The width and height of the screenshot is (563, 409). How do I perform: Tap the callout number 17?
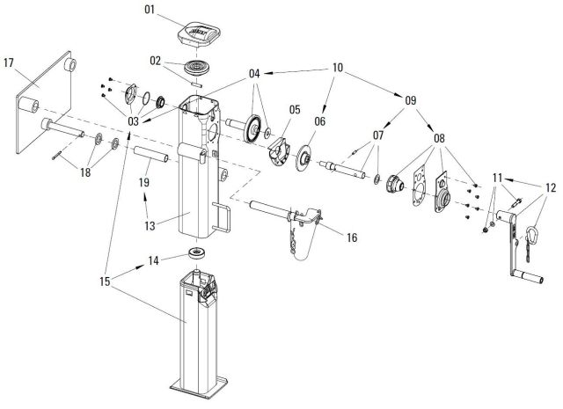pos(9,63)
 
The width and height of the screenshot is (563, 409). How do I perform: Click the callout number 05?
pos(294,110)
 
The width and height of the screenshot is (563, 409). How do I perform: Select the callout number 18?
pos(84,173)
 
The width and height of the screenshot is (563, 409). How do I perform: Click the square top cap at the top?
pos(197,36)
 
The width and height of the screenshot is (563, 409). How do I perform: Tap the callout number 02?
pos(155,62)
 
